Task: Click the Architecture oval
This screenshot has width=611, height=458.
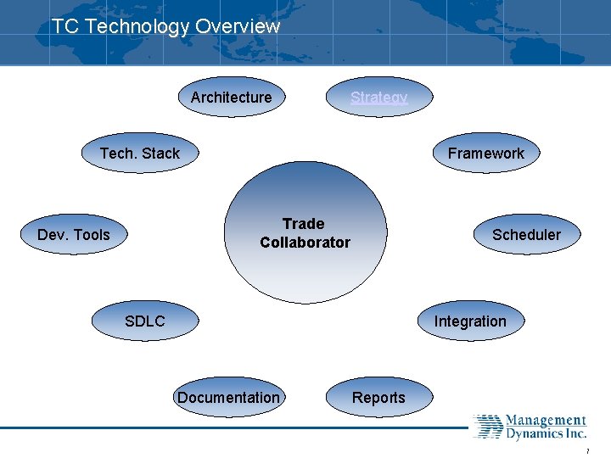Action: click(x=231, y=98)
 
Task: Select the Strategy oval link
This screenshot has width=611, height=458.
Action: click(x=379, y=98)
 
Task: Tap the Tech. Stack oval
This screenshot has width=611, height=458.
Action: click(x=140, y=154)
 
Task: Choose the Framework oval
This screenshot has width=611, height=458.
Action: click(x=485, y=154)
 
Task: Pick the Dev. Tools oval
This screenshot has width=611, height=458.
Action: click(x=74, y=235)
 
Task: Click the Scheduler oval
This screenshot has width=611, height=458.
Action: click(x=526, y=235)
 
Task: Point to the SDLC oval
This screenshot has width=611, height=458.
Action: click(x=145, y=321)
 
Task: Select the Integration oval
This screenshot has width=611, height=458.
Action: click(x=469, y=321)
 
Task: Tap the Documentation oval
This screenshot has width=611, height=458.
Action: click(x=228, y=398)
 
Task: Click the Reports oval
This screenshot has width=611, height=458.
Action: click(x=378, y=398)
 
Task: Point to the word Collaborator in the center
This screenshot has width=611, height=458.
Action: click(x=305, y=243)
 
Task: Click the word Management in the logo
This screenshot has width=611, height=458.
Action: click(x=546, y=421)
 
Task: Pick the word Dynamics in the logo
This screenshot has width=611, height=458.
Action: click(x=534, y=434)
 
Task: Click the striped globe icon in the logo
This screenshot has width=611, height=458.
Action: click(x=487, y=427)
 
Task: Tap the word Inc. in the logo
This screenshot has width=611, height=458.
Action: click(x=576, y=434)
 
